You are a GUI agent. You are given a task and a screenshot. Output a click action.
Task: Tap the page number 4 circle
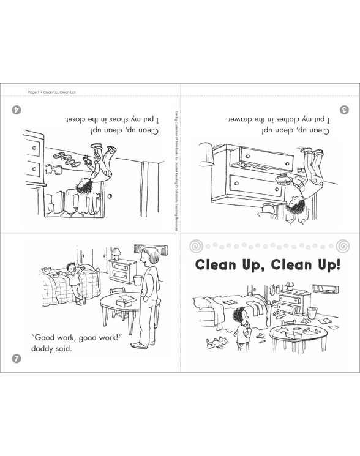click(17, 109)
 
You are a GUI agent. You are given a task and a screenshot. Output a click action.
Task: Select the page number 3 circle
click(344, 109)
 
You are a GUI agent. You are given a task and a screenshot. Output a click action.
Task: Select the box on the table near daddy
click(127, 301)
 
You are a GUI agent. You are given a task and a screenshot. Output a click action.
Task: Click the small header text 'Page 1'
click(35, 92)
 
